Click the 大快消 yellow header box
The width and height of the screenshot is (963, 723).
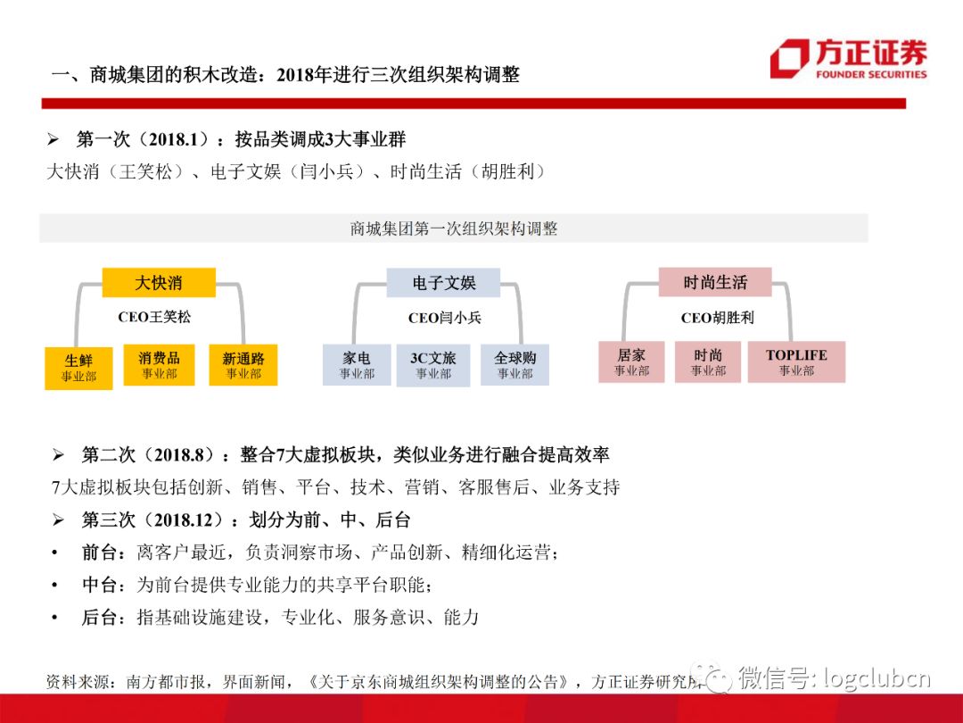click(159, 282)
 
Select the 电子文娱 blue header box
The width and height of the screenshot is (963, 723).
click(443, 283)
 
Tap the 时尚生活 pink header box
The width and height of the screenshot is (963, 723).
click(715, 282)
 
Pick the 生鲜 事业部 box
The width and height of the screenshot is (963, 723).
click(78, 368)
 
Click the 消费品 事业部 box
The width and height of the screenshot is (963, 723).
click(159, 365)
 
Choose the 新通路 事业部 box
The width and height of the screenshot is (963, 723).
click(243, 365)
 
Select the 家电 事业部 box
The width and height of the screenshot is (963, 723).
click(357, 365)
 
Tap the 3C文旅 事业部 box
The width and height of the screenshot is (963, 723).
click(433, 366)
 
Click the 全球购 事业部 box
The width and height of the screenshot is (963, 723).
click(514, 365)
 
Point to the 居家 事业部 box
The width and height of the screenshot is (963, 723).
click(631, 362)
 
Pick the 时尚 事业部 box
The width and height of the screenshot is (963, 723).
click(707, 362)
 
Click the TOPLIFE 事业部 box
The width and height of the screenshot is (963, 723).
click(796, 362)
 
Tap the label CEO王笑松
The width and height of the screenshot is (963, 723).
click(154, 317)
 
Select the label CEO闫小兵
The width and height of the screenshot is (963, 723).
click(445, 318)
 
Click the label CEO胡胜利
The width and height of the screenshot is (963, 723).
click(717, 318)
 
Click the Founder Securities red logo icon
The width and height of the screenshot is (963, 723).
click(790, 58)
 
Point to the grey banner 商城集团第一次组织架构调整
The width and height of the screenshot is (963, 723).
click(454, 229)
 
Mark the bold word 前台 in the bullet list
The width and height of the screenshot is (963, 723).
click(100, 553)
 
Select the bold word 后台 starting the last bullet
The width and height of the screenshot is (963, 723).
click(100, 617)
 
